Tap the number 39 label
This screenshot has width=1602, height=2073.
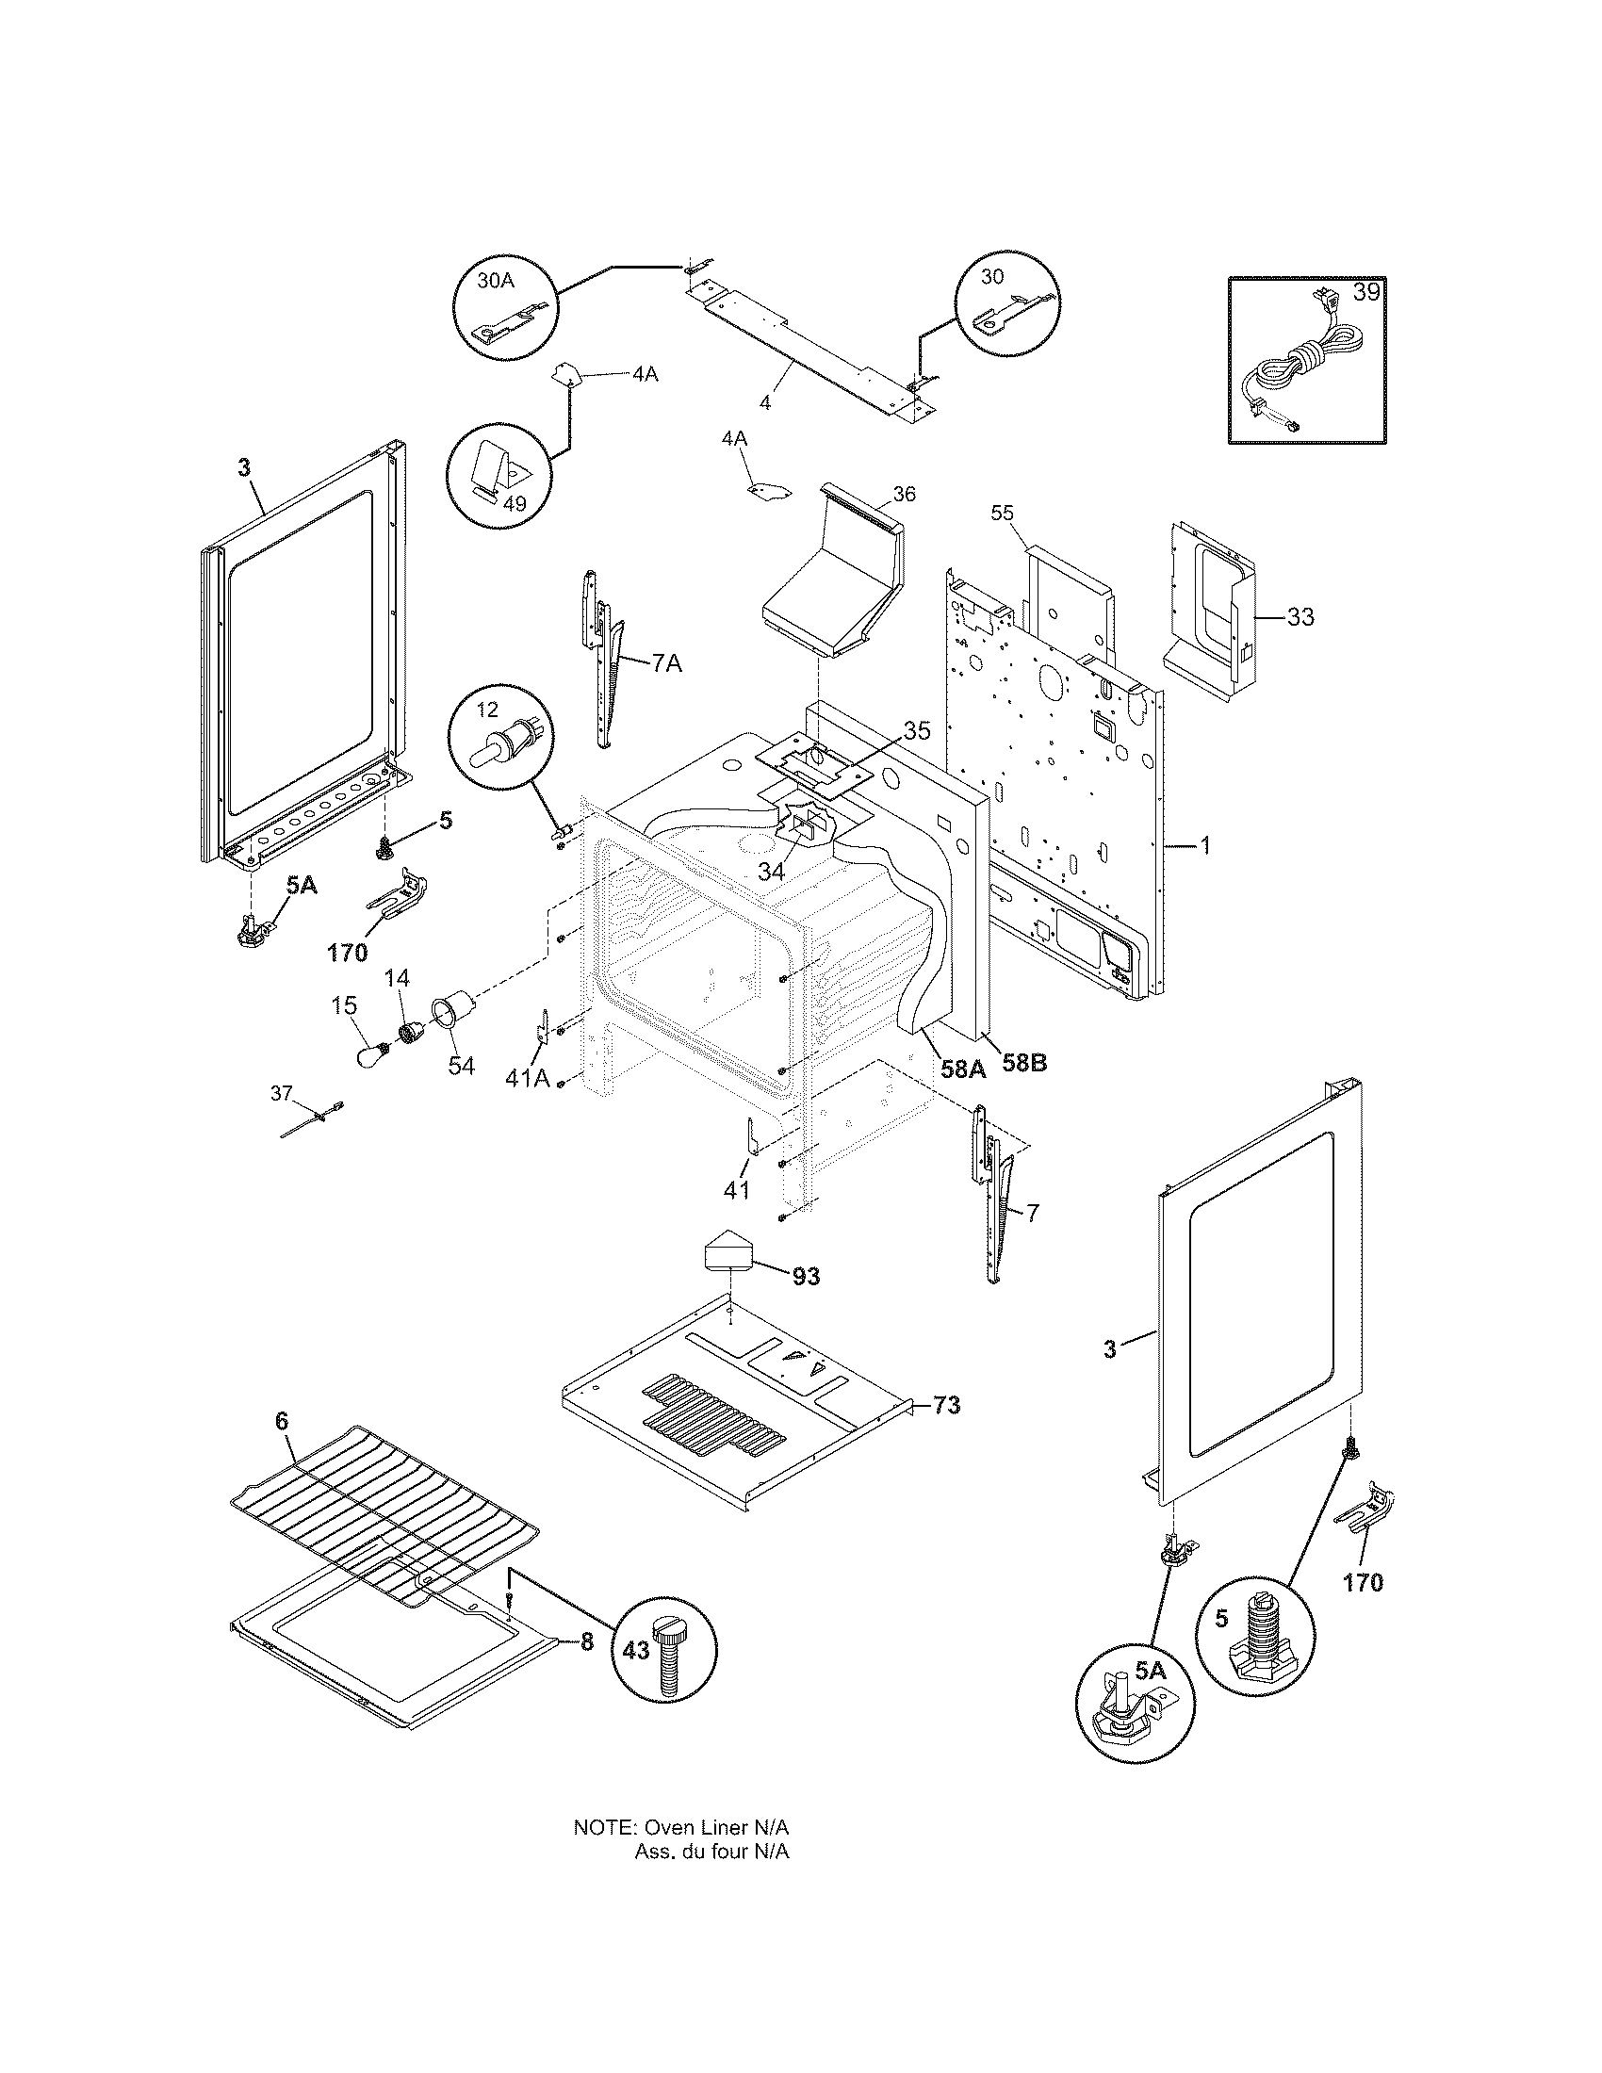click(x=1365, y=292)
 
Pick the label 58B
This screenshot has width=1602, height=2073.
click(x=1024, y=1064)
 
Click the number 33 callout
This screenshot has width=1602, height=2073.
click(x=1300, y=617)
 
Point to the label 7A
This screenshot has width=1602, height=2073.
click(x=666, y=663)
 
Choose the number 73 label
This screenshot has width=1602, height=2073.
click(x=945, y=1431)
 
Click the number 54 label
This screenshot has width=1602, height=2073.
click(x=461, y=1066)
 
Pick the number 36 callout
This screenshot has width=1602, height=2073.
click(x=904, y=495)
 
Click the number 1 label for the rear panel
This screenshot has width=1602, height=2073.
click(x=1204, y=845)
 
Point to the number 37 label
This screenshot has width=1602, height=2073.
click(x=282, y=1093)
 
